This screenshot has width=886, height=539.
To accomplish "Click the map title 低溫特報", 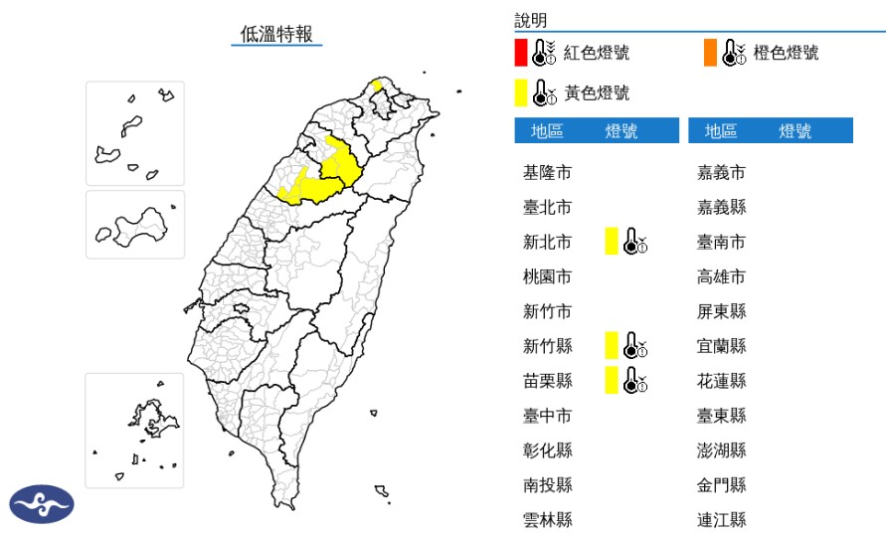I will point(276,33).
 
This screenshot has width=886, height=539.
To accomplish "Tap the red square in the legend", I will point(520,53).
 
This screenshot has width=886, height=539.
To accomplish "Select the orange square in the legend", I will point(710,53).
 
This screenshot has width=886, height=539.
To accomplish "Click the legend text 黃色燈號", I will point(597,93).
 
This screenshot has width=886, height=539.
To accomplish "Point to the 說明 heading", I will point(530,20).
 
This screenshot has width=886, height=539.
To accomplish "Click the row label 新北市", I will point(547,242).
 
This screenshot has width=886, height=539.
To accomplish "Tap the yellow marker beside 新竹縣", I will point(612,345).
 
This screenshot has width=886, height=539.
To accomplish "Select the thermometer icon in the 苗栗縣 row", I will point(633,380).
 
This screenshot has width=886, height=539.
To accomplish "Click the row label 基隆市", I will point(547,172).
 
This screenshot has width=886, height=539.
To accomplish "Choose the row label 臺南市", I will point(722,242).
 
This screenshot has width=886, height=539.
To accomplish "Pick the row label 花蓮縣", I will point(722,380).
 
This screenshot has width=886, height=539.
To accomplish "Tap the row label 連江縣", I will point(722,519).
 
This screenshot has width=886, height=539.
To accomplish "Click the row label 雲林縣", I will point(547,519).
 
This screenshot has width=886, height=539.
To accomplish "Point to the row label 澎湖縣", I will point(722,449).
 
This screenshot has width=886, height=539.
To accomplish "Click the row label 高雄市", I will point(722,276).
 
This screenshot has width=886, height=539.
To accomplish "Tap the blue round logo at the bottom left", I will point(42,504).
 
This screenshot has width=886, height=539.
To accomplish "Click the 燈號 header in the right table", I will point(795,131).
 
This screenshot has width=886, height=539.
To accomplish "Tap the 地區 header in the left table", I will point(547,131).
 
